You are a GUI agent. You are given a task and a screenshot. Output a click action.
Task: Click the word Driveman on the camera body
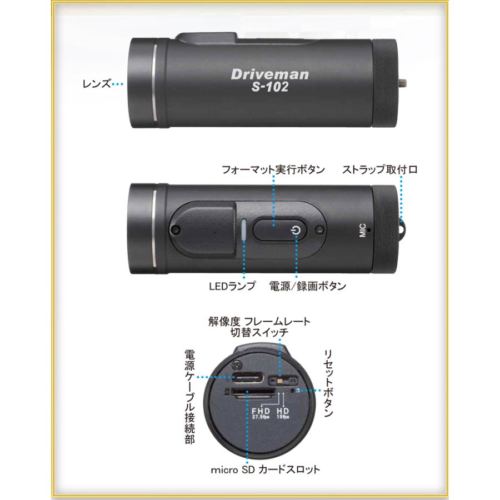pyautogui.click(x=270, y=74)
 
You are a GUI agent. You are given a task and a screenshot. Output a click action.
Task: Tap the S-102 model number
pyautogui.click(x=270, y=87)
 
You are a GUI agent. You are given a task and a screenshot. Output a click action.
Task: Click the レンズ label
pyautogui.click(x=97, y=84)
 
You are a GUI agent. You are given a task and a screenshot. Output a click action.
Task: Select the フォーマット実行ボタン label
pyautogui.click(x=273, y=169)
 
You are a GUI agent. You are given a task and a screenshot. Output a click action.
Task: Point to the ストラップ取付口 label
pyautogui.click(x=380, y=169)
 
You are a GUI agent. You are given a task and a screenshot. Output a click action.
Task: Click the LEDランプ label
pyautogui.click(x=232, y=286)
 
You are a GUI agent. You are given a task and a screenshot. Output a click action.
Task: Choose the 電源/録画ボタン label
pyautogui.click(x=308, y=286)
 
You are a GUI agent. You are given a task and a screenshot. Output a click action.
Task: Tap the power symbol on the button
pyautogui.click(x=296, y=230)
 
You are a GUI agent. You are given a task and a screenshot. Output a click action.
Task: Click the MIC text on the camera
pyautogui.click(x=363, y=230)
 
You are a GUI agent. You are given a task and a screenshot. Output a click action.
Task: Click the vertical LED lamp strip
pyautogui.click(x=244, y=230)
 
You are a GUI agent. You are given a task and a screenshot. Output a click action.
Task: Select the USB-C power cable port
pyautogui.click(x=248, y=378)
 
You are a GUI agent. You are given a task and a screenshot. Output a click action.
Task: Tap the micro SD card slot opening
pyautogui.click(x=253, y=393)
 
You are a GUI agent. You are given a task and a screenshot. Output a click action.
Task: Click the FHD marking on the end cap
pyautogui.click(x=261, y=411)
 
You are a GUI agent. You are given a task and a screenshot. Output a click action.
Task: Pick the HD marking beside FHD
pyautogui.click(x=283, y=411)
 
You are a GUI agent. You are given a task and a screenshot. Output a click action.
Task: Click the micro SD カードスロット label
pyautogui.click(x=266, y=469)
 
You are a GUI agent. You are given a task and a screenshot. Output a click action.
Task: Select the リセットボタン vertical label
pyautogui.click(x=328, y=383)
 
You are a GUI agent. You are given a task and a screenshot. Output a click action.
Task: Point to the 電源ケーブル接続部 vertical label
pyautogui.click(x=190, y=397)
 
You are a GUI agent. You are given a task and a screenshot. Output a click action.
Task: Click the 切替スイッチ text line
pyautogui.click(x=259, y=332)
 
